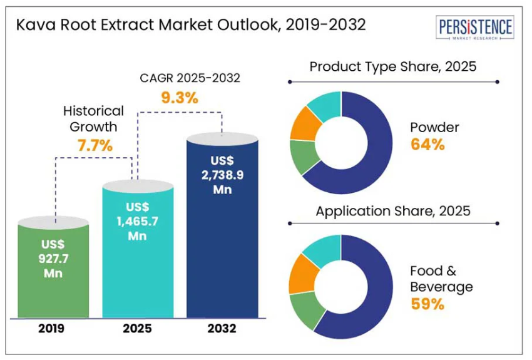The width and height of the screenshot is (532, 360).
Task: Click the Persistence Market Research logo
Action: (476, 28)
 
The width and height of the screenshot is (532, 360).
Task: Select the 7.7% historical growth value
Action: (95, 147)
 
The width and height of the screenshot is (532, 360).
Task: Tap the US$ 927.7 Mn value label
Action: (53, 259)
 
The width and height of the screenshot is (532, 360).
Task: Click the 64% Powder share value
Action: (427, 145)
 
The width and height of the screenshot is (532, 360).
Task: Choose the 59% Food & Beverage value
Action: (427, 304)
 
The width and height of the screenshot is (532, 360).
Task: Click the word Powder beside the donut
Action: (434, 127)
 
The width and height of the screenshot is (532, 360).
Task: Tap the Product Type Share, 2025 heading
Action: (393, 66)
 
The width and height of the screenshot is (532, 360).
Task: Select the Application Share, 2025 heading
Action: (393, 211)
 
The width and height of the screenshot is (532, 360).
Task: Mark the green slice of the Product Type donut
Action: (306, 157)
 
